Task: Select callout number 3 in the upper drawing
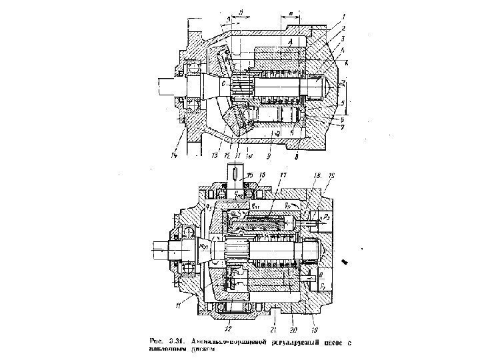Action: (x=343, y=40)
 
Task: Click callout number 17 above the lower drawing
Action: (x=283, y=176)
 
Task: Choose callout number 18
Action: (x=316, y=175)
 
